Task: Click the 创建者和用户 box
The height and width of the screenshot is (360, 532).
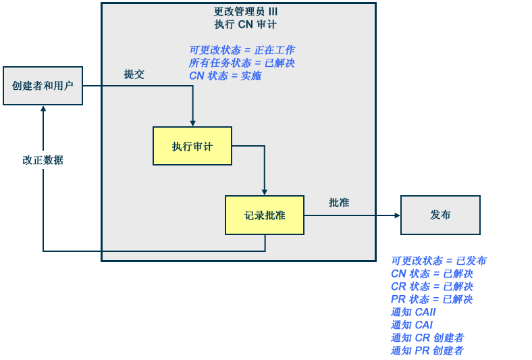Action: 43,86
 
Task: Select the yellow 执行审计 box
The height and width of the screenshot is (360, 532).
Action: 192,146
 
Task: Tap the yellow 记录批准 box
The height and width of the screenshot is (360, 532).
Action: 265,215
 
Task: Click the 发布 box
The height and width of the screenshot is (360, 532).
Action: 440,215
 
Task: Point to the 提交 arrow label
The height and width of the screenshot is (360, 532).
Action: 134,74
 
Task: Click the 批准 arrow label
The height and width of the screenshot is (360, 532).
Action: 339,202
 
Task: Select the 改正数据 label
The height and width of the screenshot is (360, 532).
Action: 43,160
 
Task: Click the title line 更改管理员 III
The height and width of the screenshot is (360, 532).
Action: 245,11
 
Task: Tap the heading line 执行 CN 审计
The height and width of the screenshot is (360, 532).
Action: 245,24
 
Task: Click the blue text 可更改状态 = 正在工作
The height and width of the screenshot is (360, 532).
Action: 242,50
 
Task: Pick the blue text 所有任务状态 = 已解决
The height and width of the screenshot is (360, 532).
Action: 242,63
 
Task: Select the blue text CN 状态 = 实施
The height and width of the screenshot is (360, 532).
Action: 225,76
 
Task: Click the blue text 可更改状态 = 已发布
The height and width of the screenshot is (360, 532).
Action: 438,261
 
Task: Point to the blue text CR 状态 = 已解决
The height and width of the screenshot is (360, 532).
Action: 431,286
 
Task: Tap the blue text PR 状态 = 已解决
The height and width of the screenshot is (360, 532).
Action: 431,299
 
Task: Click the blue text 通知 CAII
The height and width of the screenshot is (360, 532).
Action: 413,312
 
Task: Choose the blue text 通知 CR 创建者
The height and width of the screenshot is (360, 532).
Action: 427,338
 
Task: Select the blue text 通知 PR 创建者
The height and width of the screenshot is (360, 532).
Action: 427,351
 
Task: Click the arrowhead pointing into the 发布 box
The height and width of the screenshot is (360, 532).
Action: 397,215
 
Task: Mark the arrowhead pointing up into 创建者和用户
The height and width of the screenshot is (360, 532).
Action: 43,109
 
